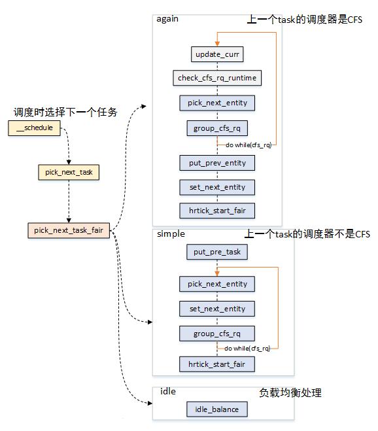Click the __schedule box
pos(34,128)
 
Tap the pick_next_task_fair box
pos(69,231)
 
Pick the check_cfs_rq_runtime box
pos(217,78)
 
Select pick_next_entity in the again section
pos(217,103)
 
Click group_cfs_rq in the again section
pos(217,128)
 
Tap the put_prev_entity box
pos(217,162)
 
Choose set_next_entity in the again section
pos(217,187)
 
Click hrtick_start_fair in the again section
pos(217,211)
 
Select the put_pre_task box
pos(217,252)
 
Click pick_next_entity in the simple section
pos(217,284)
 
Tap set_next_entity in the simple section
pos(217,309)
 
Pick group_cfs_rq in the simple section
pos(217,334)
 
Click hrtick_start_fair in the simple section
pos(217,364)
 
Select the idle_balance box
pos(217,409)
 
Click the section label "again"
pos(167,19)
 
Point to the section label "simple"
pos(171,234)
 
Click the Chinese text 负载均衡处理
pos(290,393)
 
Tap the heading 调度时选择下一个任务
pos(65,112)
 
